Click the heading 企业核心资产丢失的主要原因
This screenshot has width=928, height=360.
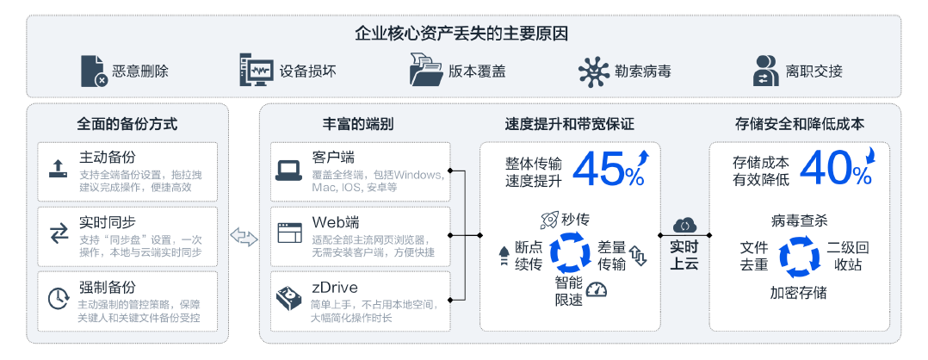(462, 34)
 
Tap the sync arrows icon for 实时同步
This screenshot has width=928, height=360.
(59, 233)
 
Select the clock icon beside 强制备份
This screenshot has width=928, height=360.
(59, 298)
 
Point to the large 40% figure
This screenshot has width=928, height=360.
(836, 169)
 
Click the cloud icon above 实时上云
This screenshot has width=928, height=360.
(684, 226)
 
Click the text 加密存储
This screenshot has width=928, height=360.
(798, 293)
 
